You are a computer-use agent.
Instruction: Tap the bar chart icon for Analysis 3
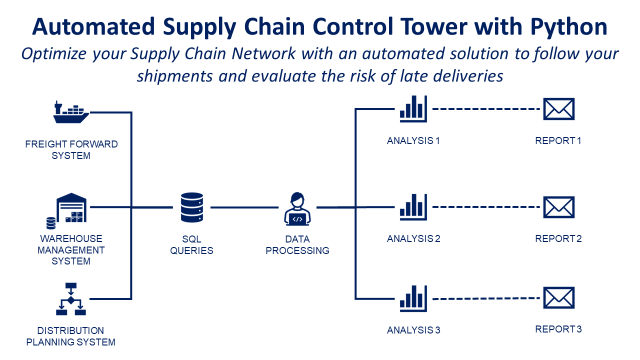point(413,298)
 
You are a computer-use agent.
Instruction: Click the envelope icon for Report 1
point(558,109)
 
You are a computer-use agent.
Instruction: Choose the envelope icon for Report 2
point(558,207)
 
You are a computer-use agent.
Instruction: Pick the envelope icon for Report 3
point(558,297)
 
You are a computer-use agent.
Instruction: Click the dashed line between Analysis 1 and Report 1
point(484,109)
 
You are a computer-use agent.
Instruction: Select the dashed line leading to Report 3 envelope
point(484,298)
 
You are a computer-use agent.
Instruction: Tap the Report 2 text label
point(558,239)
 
